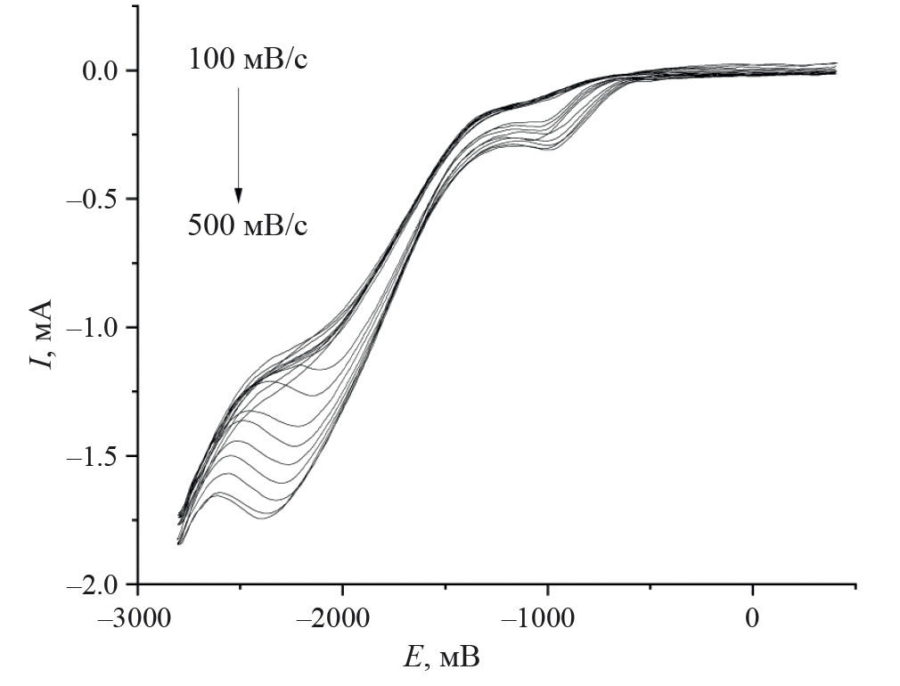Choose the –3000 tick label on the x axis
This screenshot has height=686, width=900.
coord(138,617)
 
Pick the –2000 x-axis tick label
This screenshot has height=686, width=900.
coord(343,617)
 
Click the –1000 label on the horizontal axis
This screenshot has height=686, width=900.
coord(548,617)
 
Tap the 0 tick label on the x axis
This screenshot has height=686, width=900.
coord(753,617)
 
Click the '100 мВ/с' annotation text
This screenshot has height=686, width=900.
coord(249,61)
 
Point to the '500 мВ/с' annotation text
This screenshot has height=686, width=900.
coord(249,225)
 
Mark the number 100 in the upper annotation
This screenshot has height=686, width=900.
coord(210,61)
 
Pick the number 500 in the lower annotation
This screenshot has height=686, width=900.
coord(210,225)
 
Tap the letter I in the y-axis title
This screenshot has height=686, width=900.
coord(41,361)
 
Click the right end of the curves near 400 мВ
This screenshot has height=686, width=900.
coord(835,68)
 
